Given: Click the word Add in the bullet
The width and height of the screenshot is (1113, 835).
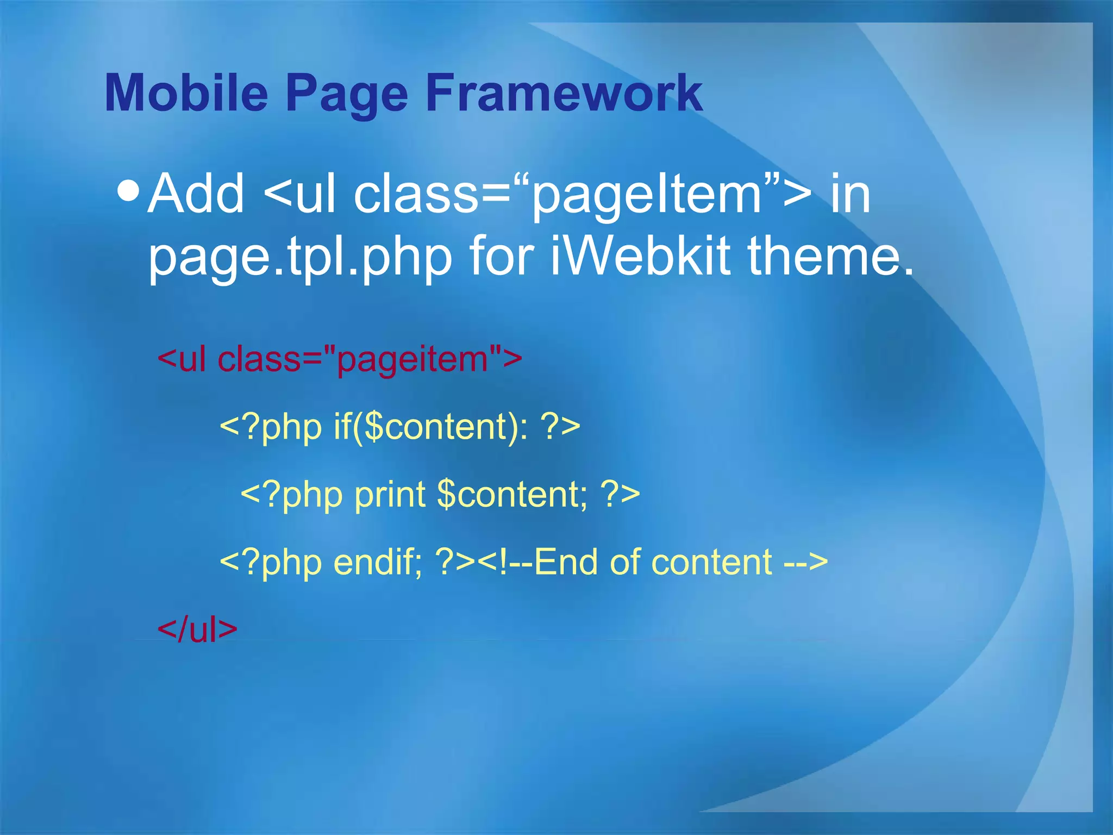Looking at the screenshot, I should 196,194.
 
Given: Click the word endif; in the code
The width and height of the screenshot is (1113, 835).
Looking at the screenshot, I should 378,562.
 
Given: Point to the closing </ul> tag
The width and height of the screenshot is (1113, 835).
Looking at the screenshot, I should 197,630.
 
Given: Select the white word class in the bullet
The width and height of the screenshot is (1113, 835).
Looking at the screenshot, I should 416,194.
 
